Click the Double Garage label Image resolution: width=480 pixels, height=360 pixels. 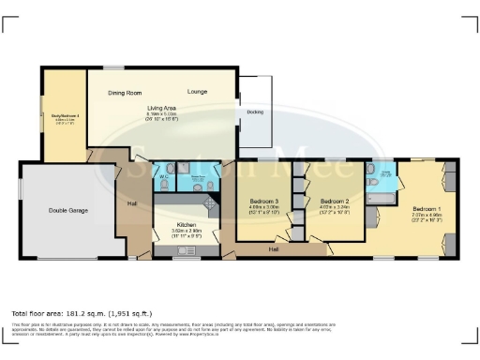pyautogui.click(x=68, y=211)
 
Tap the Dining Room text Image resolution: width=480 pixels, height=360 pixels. pyautogui.click(x=124, y=93)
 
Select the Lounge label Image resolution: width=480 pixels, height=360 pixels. pyautogui.click(x=197, y=92)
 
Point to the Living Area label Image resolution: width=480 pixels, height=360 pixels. pyautogui.click(x=162, y=108)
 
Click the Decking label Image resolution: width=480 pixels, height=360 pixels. pyautogui.click(x=255, y=112)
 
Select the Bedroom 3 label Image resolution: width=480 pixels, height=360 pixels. pyautogui.click(x=264, y=202)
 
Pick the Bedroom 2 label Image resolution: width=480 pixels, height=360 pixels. pyautogui.click(x=335, y=202)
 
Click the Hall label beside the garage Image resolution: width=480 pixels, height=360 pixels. pyautogui.click(x=133, y=203)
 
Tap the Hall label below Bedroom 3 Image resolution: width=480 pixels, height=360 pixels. pyautogui.click(x=273, y=249)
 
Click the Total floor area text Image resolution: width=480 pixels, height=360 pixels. pyautogui.click(x=81, y=312)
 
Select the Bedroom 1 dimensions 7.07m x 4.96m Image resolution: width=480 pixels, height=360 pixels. pyautogui.click(x=427, y=216)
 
